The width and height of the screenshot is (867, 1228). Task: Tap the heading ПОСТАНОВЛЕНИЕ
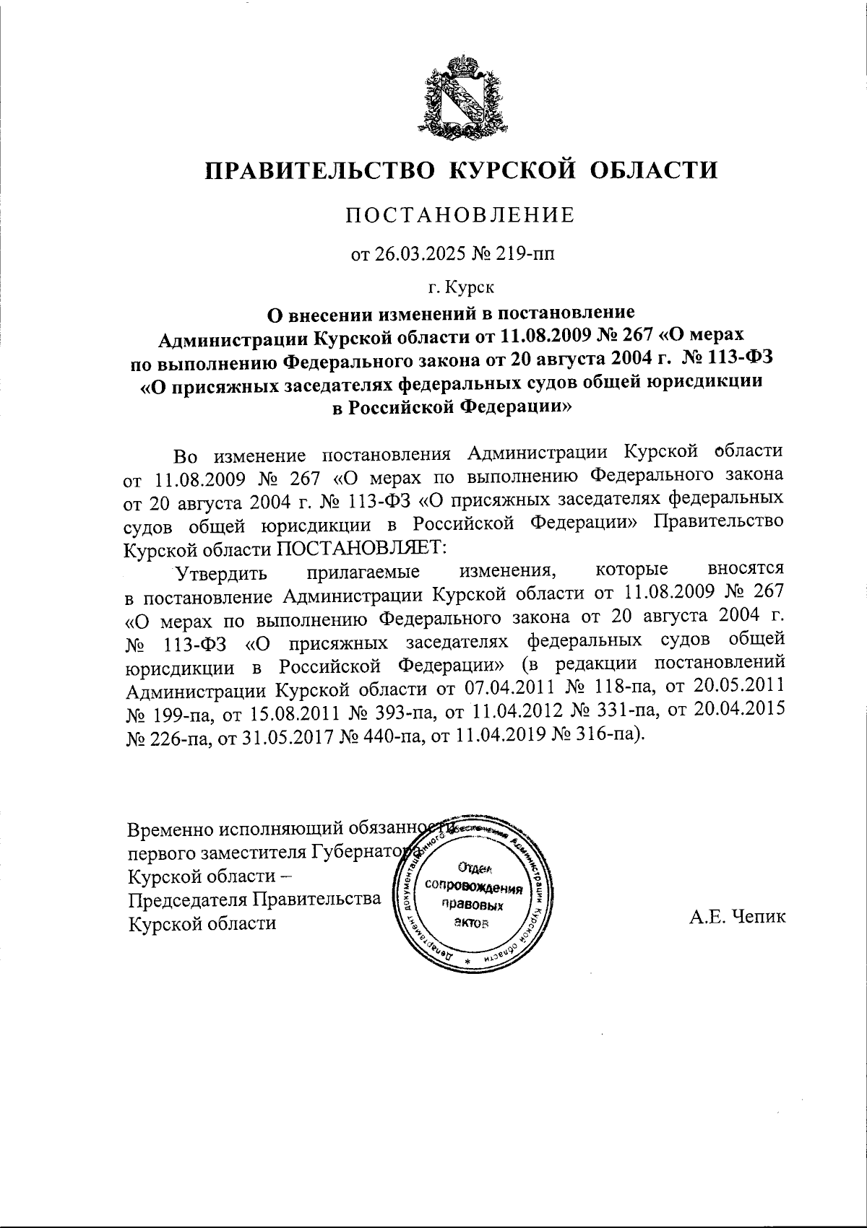coord(460,215)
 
